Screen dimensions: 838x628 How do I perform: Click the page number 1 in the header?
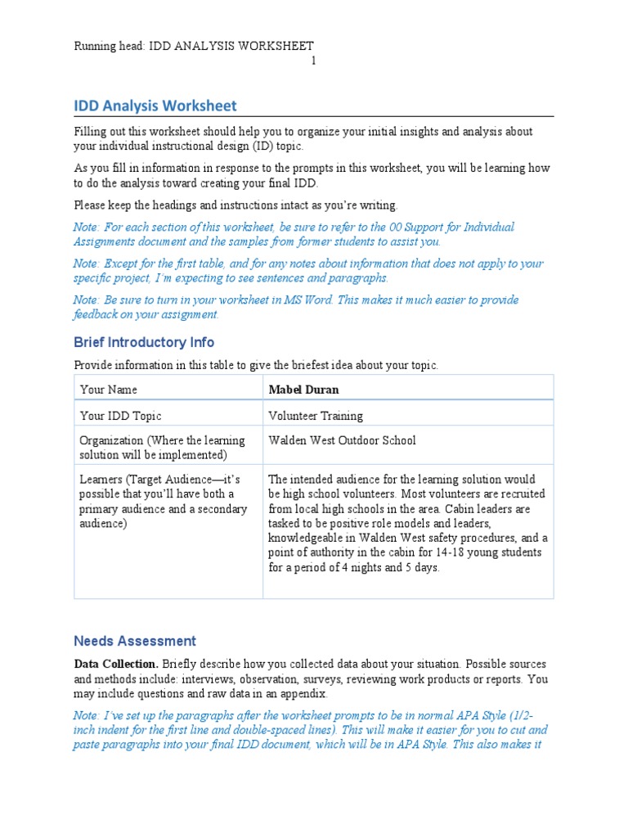(314, 61)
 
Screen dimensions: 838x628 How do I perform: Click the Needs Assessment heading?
(135, 641)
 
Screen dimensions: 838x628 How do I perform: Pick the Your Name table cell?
(108, 390)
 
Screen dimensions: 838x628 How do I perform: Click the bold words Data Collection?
(116, 664)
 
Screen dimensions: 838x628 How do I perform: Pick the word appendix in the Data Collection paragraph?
(303, 693)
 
